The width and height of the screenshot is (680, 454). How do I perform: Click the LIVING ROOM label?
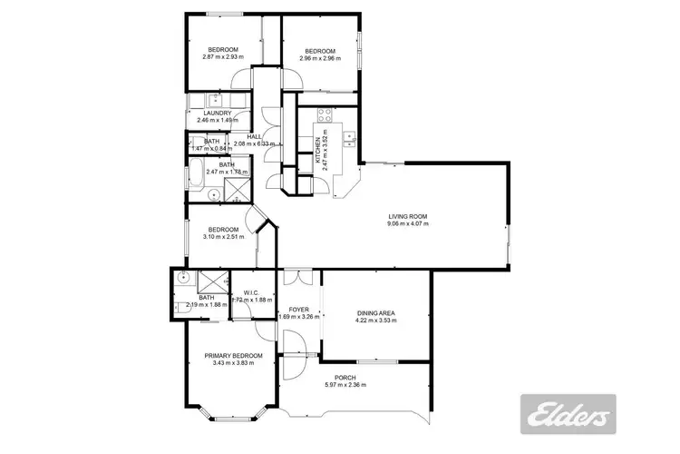[x=407, y=216]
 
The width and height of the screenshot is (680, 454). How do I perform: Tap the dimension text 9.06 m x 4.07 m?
[x=407, y=224]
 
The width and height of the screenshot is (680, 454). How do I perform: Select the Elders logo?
[x=566, y=414]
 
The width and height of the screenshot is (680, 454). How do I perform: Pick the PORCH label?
[x=344, y=377]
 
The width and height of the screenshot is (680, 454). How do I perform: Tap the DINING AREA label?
[x=374, y=312]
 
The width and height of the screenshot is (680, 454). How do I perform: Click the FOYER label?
[x=298, y=310]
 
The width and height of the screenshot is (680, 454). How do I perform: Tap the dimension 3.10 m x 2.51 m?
[x=222, y=237]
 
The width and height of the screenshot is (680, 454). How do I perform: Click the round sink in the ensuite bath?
[x=182, y=281]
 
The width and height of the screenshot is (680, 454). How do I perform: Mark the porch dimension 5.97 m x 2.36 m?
[x=344, y=385]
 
